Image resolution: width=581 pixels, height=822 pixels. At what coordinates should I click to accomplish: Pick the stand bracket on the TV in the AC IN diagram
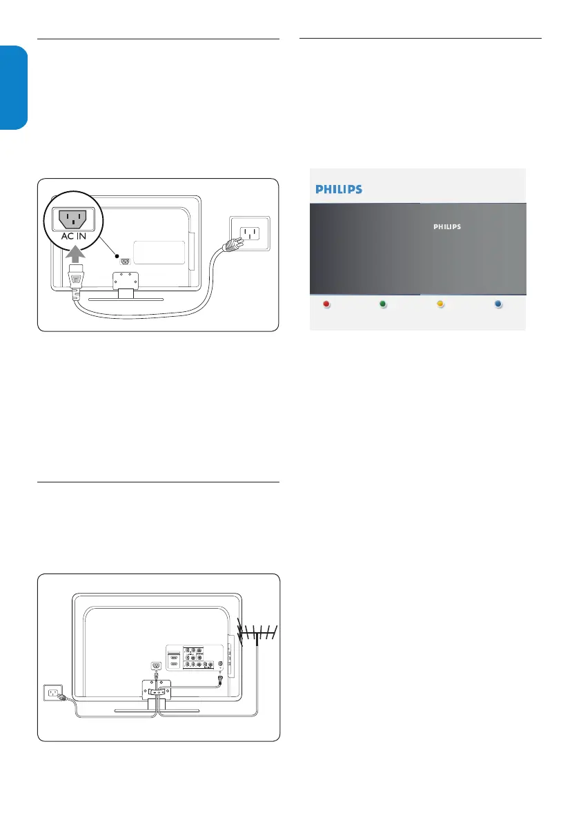(x=126, y=280)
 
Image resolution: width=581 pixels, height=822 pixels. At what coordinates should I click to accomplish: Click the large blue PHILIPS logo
(x=339, y=189)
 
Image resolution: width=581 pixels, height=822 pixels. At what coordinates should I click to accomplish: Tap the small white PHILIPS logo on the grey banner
(x=446, y=226)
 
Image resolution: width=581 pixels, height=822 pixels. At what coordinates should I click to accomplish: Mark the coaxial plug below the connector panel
(x=220, y=678)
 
